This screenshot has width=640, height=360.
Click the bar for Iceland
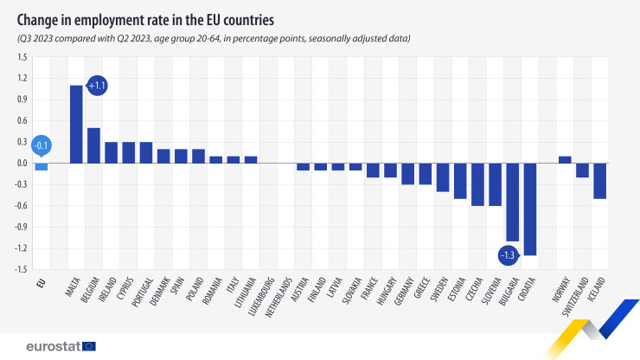pyautogui.click(x=600, y=180)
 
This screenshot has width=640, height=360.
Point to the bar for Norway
pyautogui.click(x=566, y=159)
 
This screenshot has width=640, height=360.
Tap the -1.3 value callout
pyautogui.click(x=509, y=255)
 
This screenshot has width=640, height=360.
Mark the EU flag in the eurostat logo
pyautogui.click(x=88, y=346)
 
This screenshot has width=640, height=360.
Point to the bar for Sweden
pyautogui.click(x=443, y=177)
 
